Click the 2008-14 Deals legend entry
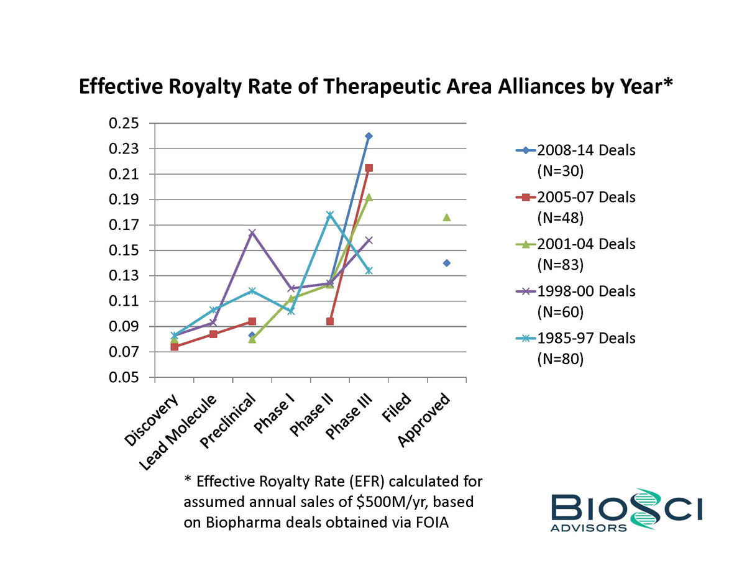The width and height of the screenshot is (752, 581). click(575, 159)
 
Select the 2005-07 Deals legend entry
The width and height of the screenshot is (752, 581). click(575, 206)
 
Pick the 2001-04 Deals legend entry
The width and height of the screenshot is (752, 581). click(575, 253)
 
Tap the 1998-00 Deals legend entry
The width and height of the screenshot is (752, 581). click(575, 300)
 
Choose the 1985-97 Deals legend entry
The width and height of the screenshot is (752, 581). click(575, 347)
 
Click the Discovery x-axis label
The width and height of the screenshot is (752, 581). click(152, 420)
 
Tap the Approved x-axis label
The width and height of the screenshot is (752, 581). click(424, 420)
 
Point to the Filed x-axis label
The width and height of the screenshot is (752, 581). click(396, 409)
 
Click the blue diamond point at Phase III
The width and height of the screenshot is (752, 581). click(369, 136)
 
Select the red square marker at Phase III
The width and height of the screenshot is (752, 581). click(369, 168)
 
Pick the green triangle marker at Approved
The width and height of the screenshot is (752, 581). click(446, 217)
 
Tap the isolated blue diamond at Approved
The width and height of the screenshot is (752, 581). click(446, 263)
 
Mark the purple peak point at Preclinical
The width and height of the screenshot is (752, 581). click(252, 233)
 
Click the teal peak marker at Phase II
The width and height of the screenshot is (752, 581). click(330, 215)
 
